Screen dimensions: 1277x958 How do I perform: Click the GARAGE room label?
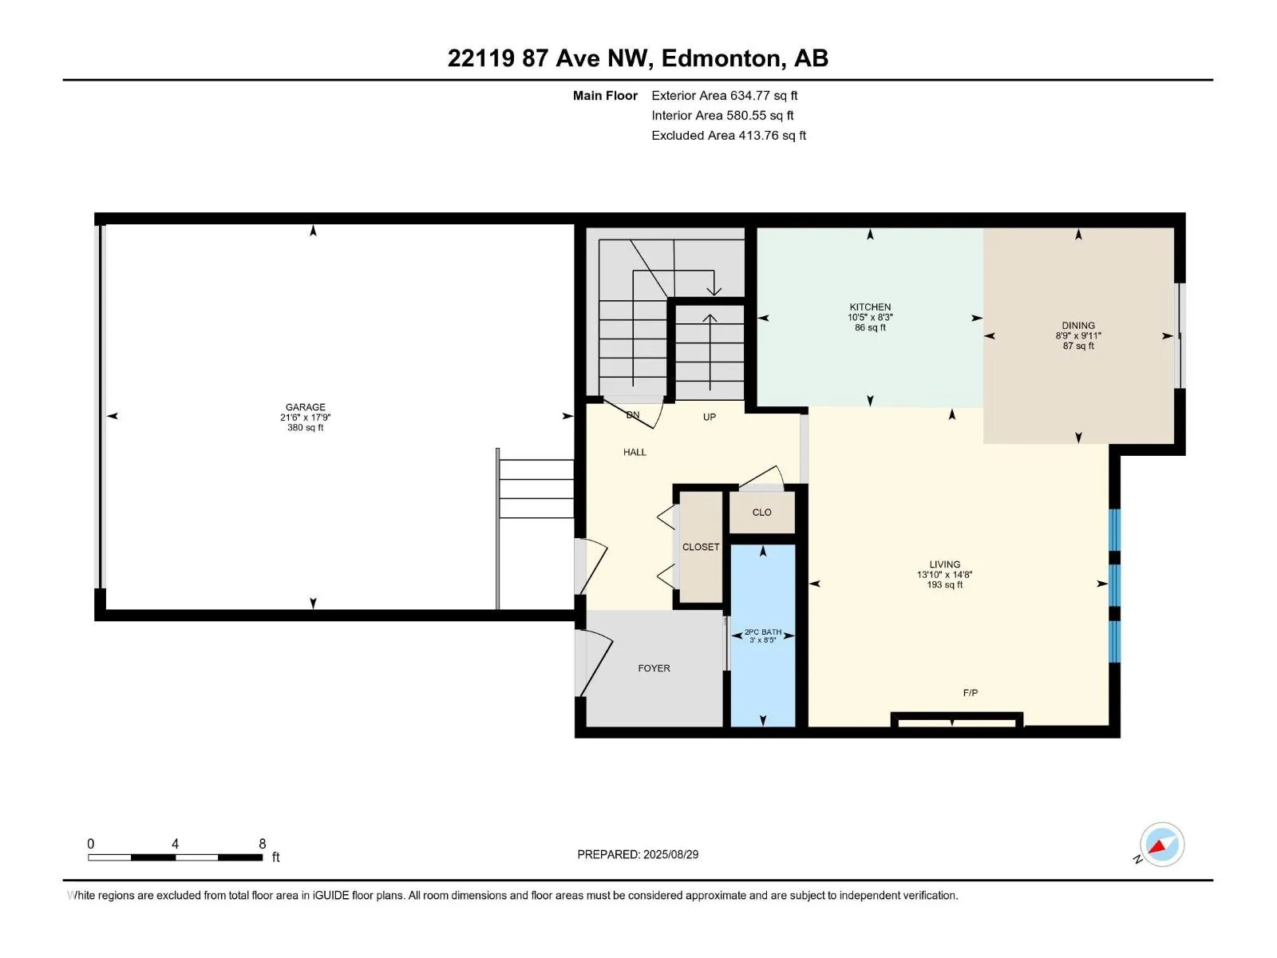click(305, 407)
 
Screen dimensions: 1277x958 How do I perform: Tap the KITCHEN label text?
click(870, 307)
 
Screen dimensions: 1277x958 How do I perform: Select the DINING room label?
click(1078, 326)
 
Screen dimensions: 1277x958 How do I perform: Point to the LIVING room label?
click(945, 564)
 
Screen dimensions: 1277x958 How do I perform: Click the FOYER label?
click(654, 668)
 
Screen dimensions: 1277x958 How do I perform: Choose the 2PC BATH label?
click(763, 631)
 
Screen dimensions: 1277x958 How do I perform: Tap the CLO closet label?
click(761, 513)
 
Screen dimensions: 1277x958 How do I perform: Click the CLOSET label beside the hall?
click(701, 547)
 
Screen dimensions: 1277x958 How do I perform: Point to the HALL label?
click(635, 452)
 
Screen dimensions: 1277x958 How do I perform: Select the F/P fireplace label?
click(971, 693)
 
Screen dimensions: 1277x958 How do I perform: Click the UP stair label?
click(710, 417)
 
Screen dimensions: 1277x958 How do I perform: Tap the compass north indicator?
click(1162, 845)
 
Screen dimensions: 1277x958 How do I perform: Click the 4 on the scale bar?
click(175, 844)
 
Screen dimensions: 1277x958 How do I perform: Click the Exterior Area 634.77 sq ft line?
click(725, 95)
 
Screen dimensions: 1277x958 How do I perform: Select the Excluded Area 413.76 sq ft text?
click(729, 136)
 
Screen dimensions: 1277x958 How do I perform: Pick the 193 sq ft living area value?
click(945, 584)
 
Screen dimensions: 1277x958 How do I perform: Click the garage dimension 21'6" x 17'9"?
click(305, 417)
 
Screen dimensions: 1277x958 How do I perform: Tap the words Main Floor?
click(605, 95)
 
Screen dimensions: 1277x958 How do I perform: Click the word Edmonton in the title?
click(721, 58)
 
